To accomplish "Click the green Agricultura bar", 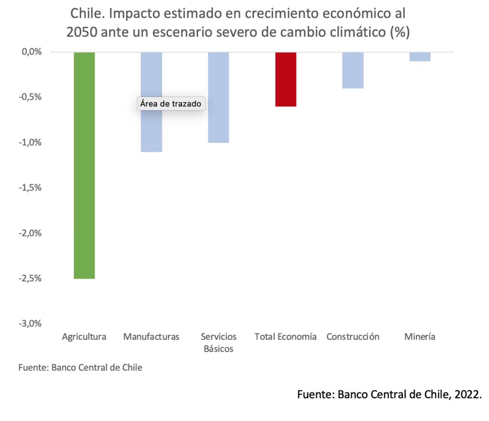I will click(84, 165).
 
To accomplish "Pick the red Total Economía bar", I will click(286, 79).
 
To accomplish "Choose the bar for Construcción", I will click(353, 70).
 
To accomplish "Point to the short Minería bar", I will click(420, 56).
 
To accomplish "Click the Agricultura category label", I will click(84, 337).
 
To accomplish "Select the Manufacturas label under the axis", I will click(151, 337).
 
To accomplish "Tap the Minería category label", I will click(420, 337).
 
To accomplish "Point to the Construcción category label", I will click(353, 337).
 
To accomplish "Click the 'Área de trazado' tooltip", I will click(171, 104).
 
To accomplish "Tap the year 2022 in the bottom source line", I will click(465, 395).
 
